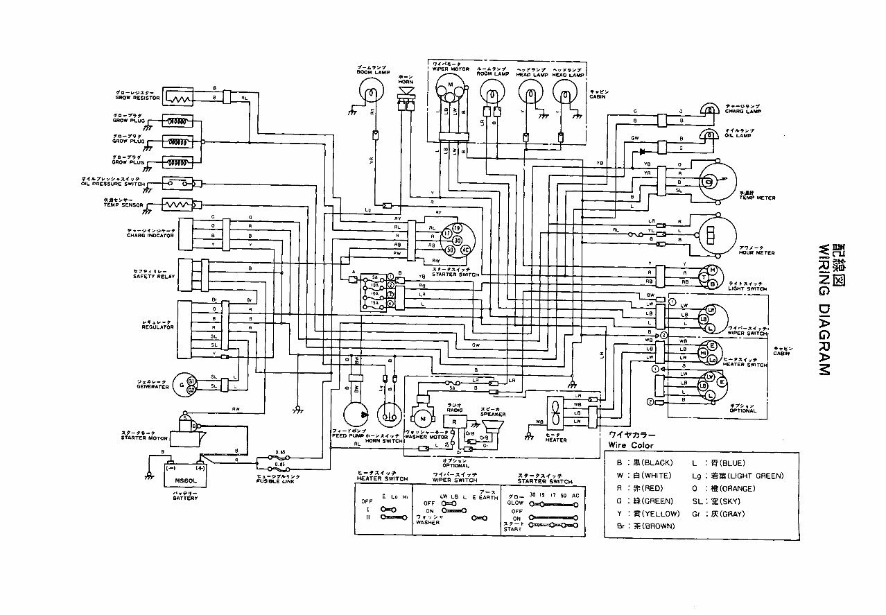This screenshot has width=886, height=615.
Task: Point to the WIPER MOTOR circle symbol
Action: pyautogui.click(x=450, y=88)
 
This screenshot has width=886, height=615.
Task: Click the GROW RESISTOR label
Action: pyautogui.click(x=136, y=97)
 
